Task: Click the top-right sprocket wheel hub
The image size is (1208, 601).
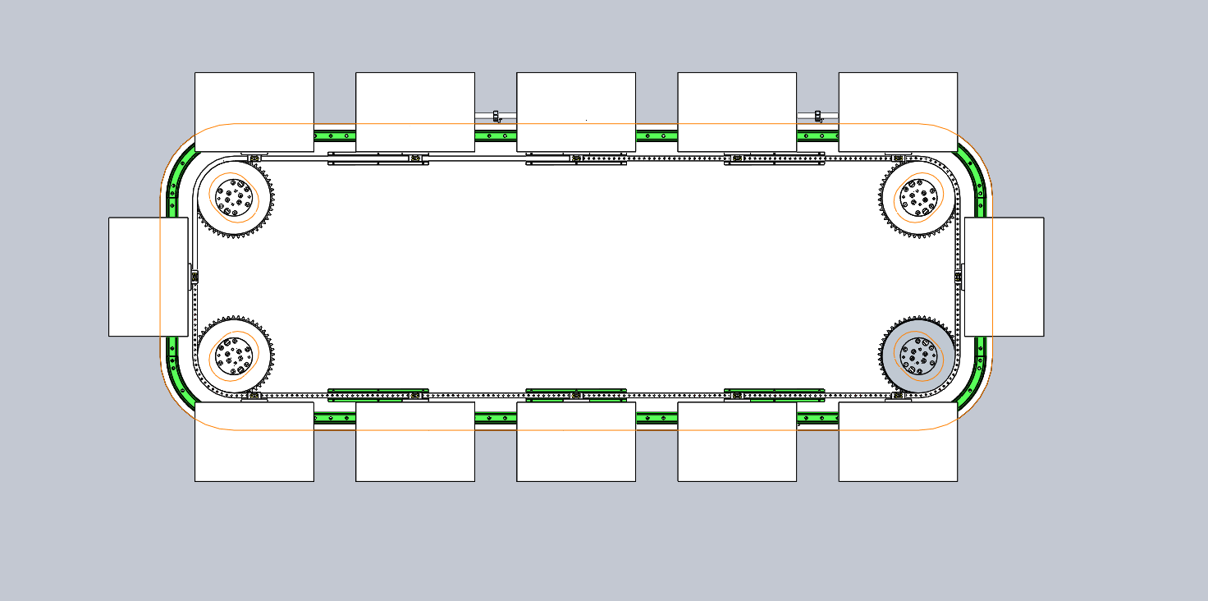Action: [x=918, y=197]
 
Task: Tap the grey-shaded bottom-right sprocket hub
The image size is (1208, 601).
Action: [x=918, y=356]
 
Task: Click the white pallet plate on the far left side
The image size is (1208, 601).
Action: [x=149, y=277]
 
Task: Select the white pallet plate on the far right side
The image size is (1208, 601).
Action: [x=1004, y=277]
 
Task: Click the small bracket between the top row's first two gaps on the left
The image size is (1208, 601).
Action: [x=496, y=116]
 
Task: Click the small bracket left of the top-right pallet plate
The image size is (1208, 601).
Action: [x=818, y=116]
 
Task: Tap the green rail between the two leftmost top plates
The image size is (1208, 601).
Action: [x=334, y=135]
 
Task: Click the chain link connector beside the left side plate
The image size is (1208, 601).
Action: [x=195, y=278]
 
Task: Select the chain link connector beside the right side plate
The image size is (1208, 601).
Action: [x=959, y=278]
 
